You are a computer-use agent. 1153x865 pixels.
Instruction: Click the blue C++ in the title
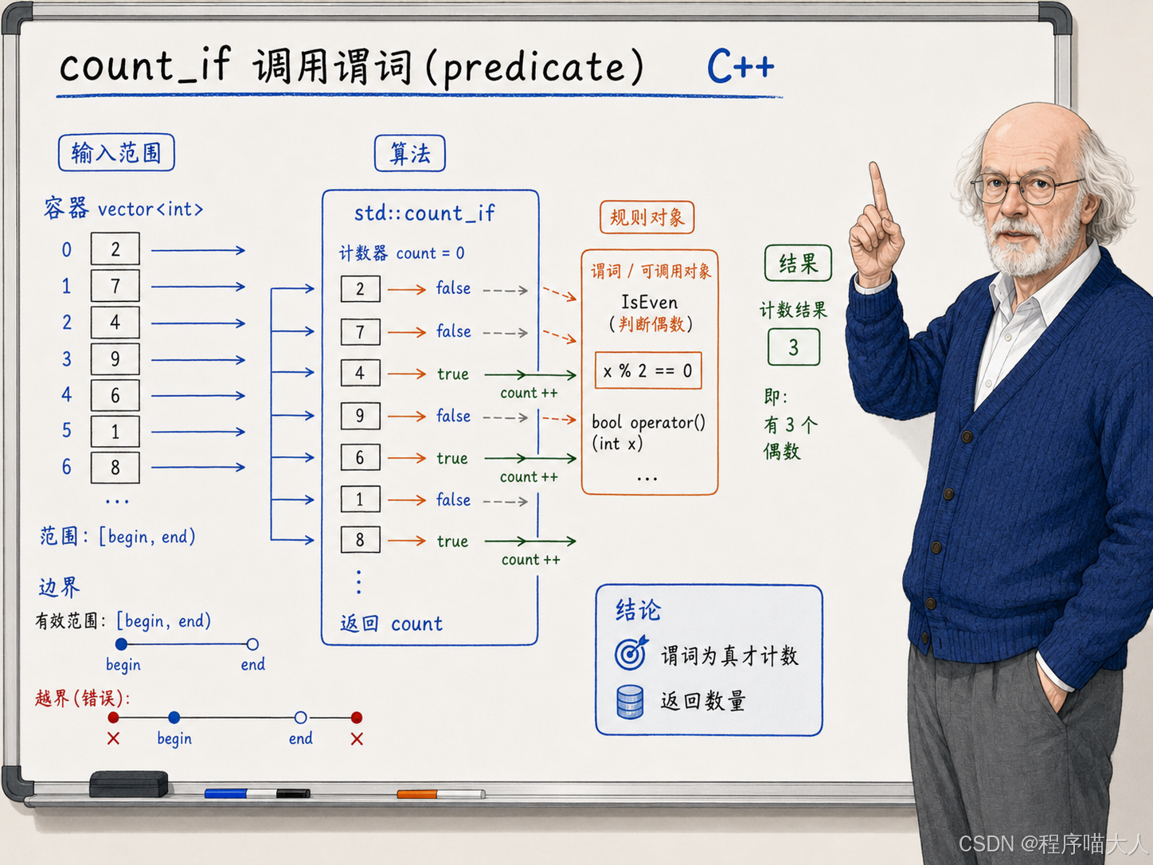coord(740,67)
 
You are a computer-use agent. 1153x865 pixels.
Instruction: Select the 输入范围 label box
coord(116,152)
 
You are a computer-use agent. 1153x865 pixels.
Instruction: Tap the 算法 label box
coord(410,154)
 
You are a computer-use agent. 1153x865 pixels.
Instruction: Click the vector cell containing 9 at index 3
coord(115,358)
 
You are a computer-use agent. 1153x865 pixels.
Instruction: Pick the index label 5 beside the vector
coord(67,430)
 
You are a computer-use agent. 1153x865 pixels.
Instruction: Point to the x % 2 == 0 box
coord(648,371)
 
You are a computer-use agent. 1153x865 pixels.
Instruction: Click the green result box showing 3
coord(793,346)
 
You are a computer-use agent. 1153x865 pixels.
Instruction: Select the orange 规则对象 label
coord(647,217)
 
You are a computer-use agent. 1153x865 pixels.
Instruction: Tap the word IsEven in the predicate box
coord(649,303)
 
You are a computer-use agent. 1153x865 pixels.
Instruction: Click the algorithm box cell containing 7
coord(361,332)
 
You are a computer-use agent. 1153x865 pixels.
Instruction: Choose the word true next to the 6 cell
coord(452,458)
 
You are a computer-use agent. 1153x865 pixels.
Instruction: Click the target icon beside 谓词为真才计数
coord(631,653)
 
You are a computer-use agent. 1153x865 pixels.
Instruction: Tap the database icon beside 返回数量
coord(630,702)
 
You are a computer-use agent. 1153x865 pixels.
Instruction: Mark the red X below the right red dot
coord(357,739)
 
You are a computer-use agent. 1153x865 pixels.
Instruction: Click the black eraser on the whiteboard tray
coord(129,784)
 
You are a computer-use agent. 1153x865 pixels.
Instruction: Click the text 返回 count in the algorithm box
coord(391,624)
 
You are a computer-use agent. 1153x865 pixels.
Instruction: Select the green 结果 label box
coord(798,263)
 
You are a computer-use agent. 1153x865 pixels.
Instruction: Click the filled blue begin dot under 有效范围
coord(121,644)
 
